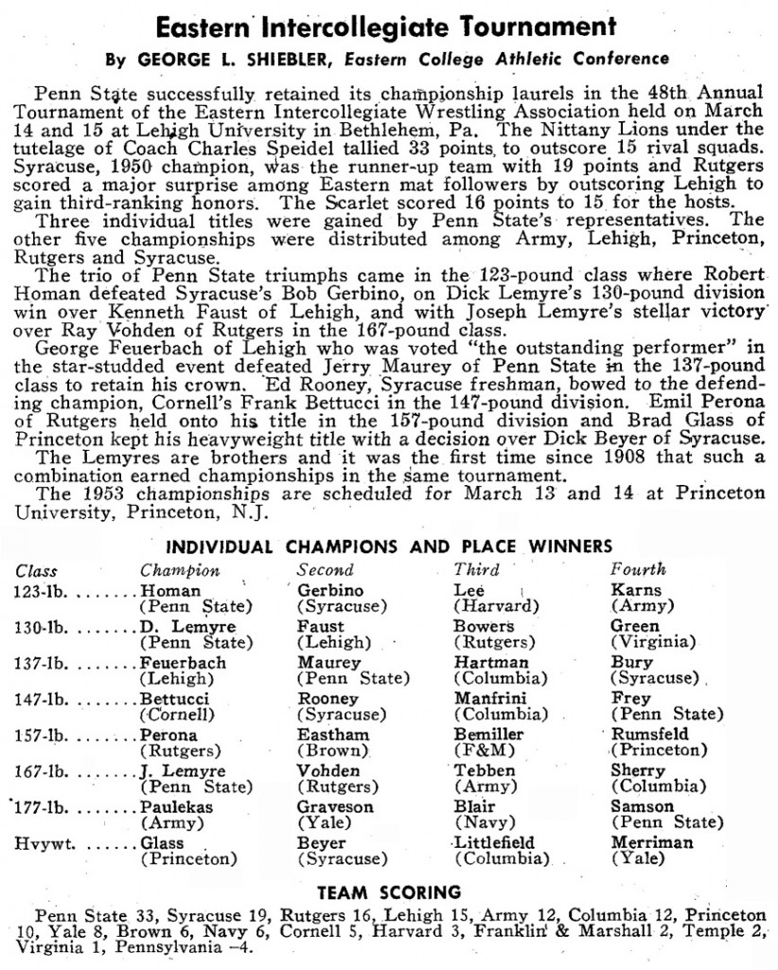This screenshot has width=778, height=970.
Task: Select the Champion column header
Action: pyautogui.click(x=180, y=571)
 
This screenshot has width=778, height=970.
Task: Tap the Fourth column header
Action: pyautogui.click(x=639, y=570)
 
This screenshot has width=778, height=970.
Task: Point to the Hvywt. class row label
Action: pyautogui.click(x=38, y=843)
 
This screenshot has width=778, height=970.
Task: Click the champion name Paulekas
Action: pyautogui.click(x=178, y=807)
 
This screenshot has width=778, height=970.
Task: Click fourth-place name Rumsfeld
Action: pyautogui.click(x=650, y=735)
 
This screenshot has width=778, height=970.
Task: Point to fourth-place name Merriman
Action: pyautogui.click(x=652, y=843)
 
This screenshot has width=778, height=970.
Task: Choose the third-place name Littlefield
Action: pyautogui.click(x=495, y=843)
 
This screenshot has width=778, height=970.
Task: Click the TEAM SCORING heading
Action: pyautogui.click(x=389, y=891)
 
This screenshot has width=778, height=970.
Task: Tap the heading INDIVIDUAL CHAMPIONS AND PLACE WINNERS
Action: pyautogui.click(x=389, y=547)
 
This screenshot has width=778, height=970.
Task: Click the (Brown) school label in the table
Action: pyautogui.click(x=330, y=751)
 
